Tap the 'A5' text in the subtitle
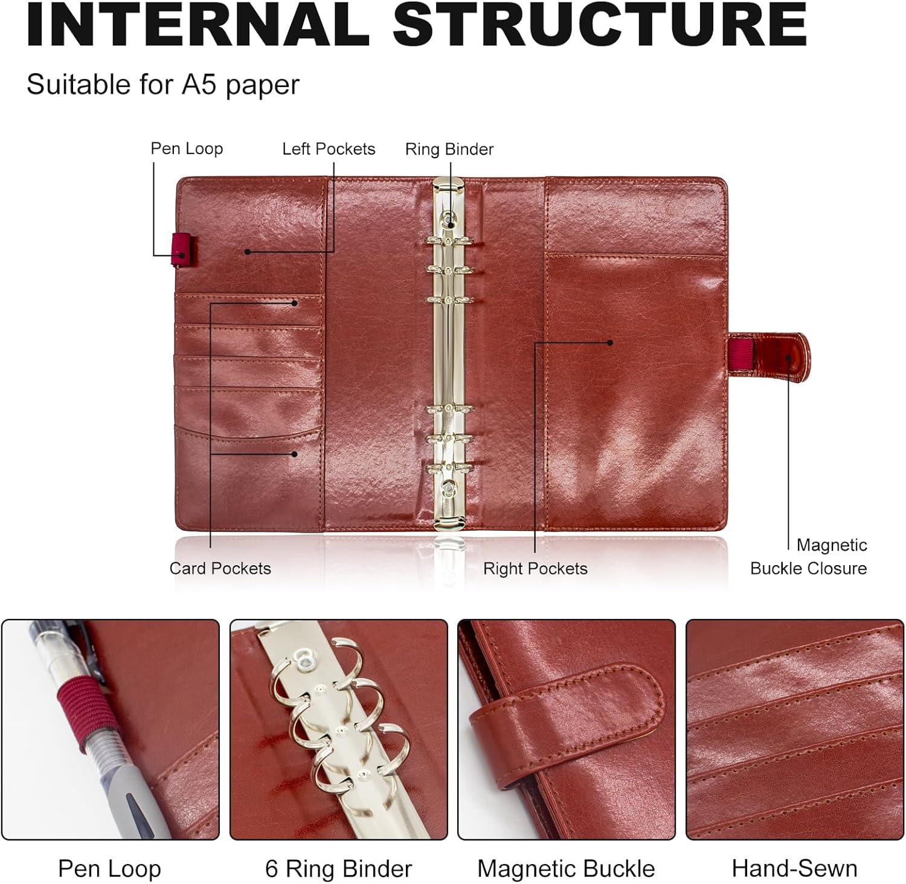[x=196, y=84]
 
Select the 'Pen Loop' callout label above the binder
[x=187, y=149]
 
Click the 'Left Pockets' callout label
[x=329, y=149]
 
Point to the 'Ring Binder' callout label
[x=449, y=149]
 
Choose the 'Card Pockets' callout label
[x=220, y=568]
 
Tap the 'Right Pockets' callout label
[x=535, y=568]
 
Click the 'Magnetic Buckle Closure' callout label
[x=809, y=556]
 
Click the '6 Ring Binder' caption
[x=338, y=869]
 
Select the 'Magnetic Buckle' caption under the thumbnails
[x=566, y=869]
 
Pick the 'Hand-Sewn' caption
[x=794, y=868]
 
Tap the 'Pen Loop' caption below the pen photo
[x=109, y=869]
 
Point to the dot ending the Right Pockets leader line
[x=610, y=342]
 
